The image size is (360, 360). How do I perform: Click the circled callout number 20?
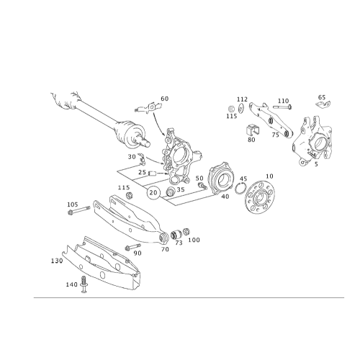pos(153,192)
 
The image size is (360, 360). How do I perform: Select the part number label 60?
pos(165,99)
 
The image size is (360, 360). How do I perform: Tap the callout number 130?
pos(57,261)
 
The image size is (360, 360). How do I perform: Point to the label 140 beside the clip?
pos(72,284)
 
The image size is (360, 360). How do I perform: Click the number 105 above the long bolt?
pos(73,204)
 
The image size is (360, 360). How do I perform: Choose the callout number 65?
pos(322,97)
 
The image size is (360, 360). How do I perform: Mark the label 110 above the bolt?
pos(284,101)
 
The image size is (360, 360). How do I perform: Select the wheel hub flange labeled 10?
pos(259,197)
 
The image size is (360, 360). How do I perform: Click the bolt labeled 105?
pos(79,210)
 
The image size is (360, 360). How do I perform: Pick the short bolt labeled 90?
pos(133,247)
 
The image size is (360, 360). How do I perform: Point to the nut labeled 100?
pos(186,232)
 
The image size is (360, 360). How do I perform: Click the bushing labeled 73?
pos(176,235)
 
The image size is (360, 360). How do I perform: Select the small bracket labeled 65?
pos(323,104)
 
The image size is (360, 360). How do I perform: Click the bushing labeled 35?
pos(171,191)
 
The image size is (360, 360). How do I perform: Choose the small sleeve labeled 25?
pos(152,173)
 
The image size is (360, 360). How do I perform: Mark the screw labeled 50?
pos(202,186)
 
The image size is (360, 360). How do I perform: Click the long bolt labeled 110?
pos(282,107)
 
